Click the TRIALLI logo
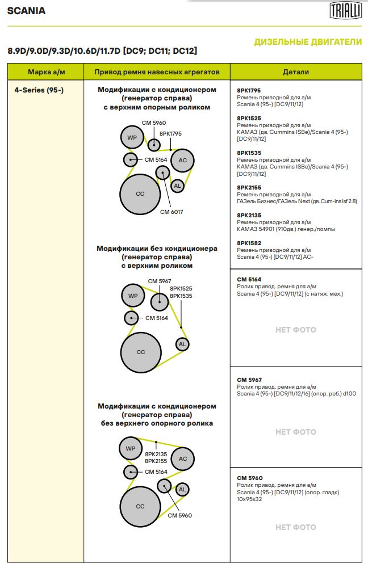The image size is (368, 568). [x=345, y=10]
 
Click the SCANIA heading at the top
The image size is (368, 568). [x=27, y=11]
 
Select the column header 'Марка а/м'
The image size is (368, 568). [x=47, y=71]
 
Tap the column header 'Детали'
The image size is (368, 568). [x=296, y=71]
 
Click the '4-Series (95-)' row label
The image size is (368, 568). [x=39, y=90]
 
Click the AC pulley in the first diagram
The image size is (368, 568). [x=182, y=160]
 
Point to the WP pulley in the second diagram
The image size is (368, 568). [x=133, y=296]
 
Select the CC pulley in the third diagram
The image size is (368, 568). [x=140, y=506]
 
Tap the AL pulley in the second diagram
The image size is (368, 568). [x=182, y=344]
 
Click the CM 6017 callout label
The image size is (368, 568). [x=172, y=212]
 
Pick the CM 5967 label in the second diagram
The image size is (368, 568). [x=160, y=281]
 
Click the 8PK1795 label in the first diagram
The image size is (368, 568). [x=170, y=134]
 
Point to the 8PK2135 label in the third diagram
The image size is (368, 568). [x=156, y=455]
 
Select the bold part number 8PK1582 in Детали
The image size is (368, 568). [x=249, y=243]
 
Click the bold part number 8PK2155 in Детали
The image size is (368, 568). [x=249, y=188]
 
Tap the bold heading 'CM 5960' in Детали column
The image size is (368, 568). [x=250, y=478]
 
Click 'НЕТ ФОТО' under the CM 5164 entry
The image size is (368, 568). [x=296, y=330]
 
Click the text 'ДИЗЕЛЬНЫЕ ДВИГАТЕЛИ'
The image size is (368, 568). [x=308, y=42]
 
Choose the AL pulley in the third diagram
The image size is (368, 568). [x=182, y=489]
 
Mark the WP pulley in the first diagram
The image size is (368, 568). [x=132, y=137]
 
